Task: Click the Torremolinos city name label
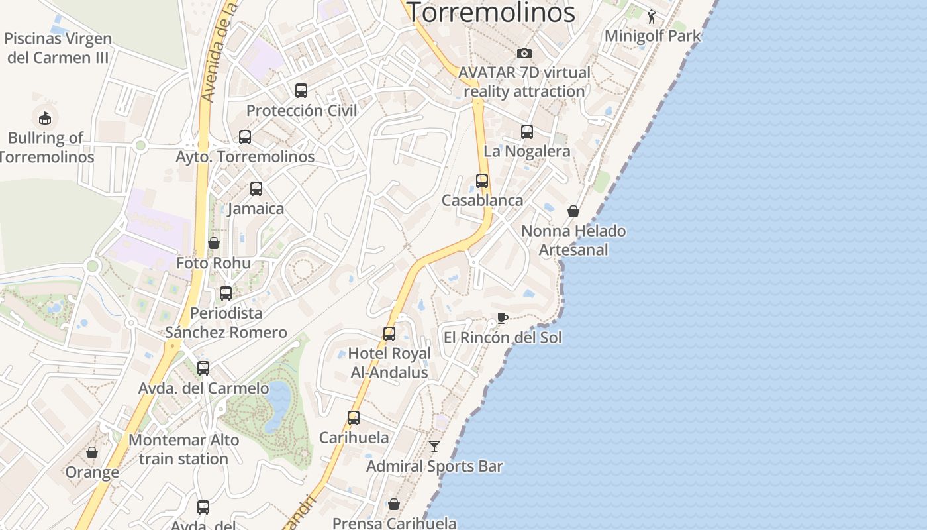(x=491, y=12)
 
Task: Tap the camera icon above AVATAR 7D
(x=524, y=53)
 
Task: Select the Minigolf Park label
(x=652, y=36)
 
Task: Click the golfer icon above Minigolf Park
(x=652, y=16)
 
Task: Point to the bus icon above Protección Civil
(x=301, y=91)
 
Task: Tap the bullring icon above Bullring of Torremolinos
(x=45, y=118)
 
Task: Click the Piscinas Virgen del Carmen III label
(x=58, y=48)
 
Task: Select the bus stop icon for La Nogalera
(x=527, y=132)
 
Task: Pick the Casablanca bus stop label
(x=482, y=200)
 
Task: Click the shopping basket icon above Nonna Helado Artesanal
(x=573, y=211)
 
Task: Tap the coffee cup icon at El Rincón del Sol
(x=503, y=318)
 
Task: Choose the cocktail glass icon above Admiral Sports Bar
(x=434, y=447)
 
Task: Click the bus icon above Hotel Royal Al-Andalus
(x=389, y=334)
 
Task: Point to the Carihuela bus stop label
(x=354, y=437)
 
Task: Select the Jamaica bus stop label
(x=256, y=209)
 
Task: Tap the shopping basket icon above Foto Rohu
(x=214, y=243)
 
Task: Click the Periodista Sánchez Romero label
(x=226, y=323)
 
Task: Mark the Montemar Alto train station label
(x=183, y=449)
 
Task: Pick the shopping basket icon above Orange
(x=92, y=452)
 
